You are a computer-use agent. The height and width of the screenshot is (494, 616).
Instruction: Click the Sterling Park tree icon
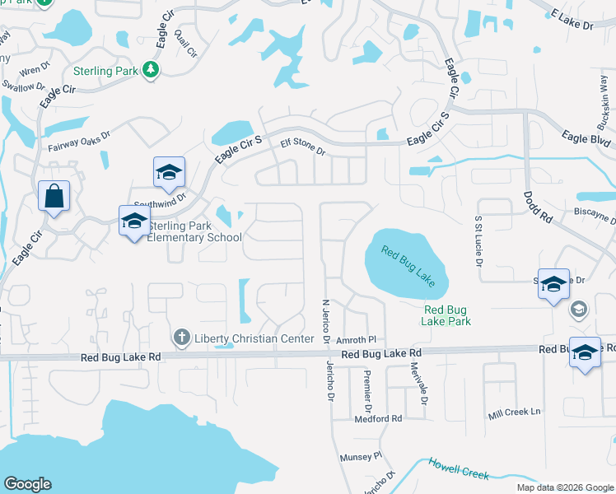(150, 71)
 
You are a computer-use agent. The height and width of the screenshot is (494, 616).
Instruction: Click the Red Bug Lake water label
(408, 265)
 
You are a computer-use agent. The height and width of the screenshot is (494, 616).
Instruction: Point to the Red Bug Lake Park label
(447, 315)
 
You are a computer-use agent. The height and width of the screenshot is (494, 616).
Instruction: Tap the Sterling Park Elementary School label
(194, 232)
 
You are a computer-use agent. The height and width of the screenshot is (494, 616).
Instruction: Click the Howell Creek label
(459, 468)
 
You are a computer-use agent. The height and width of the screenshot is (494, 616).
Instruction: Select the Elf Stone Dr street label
(303, 147)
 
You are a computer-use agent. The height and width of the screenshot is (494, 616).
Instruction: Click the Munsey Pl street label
(361, 455)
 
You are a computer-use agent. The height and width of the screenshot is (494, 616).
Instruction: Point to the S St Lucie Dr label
(477, 240)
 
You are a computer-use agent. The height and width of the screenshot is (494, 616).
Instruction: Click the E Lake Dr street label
(571, 18)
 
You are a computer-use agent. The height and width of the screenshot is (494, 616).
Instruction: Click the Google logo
(27, 484)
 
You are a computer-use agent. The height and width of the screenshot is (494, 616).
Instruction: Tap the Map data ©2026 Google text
(564, 487)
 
